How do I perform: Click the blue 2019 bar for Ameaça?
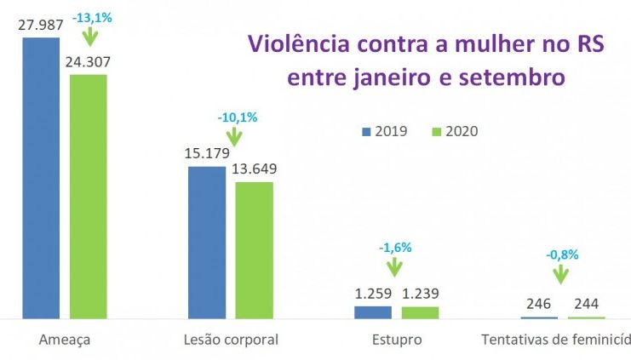41,179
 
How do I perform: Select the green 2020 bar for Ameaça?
89,197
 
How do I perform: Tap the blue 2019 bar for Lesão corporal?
207,243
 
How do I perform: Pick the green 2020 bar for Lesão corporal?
254,250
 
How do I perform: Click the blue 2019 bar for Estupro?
372,312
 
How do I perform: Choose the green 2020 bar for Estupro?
420,312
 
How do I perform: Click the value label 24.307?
89,62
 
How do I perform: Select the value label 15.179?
207,154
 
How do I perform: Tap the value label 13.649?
254,169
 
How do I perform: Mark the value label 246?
538,304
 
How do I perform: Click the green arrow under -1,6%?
394,266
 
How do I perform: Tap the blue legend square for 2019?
366,131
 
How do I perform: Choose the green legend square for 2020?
437,131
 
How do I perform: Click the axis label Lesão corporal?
231,340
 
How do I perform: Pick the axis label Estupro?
396,340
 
